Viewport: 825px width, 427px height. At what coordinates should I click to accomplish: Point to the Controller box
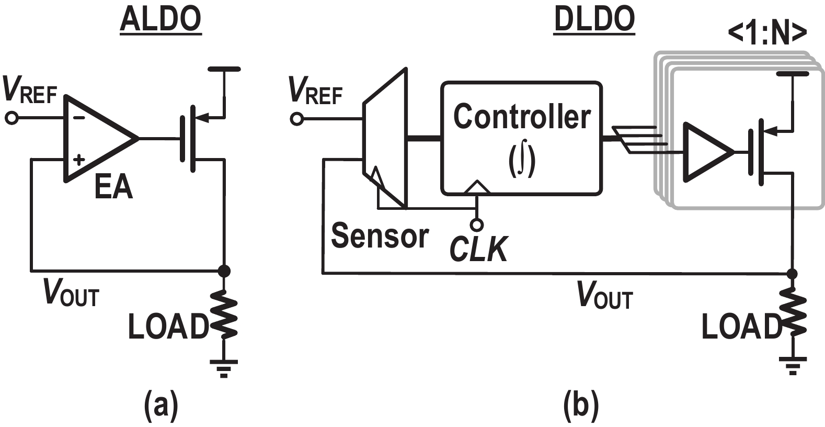521,138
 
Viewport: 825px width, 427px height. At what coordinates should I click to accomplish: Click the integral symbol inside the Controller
521,161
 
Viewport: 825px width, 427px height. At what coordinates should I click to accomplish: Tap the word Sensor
380,236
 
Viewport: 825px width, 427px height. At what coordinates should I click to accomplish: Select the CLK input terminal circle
476,225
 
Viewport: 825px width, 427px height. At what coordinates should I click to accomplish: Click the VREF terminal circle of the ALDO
12,119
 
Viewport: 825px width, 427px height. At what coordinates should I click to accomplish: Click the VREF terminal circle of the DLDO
296,120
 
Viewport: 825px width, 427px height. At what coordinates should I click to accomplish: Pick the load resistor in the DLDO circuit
793,316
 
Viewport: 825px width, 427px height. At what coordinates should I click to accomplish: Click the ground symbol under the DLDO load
793,365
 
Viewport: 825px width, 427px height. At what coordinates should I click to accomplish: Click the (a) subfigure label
161,406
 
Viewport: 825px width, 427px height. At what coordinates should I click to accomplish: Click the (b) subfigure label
581,406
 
